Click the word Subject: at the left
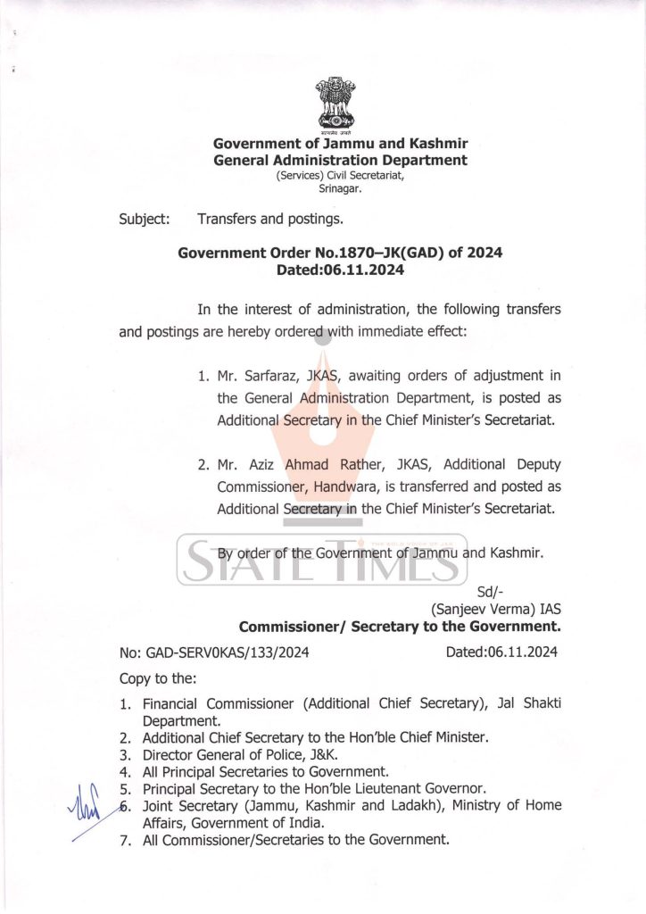click(145, 218)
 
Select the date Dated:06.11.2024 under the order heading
click(340, 270)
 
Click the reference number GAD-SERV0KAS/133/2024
click(213, 652)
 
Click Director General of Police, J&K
click(239, 754)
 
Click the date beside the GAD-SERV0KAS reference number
click(501, 652)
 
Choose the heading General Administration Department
click(340, 160)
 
